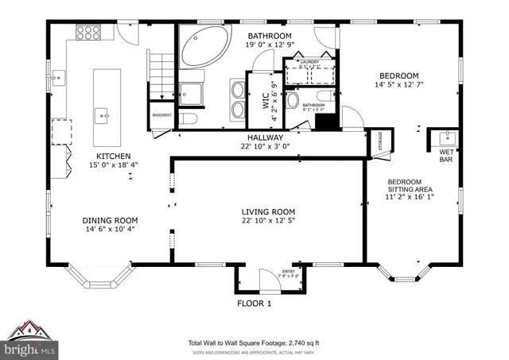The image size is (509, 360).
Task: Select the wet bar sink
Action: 446,136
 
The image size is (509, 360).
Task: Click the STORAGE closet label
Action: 379,143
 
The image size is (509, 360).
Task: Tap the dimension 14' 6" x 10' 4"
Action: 111,229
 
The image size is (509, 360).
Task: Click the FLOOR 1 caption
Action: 254,304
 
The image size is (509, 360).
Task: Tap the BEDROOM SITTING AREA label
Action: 410,186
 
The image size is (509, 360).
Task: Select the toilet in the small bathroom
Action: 292,100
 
